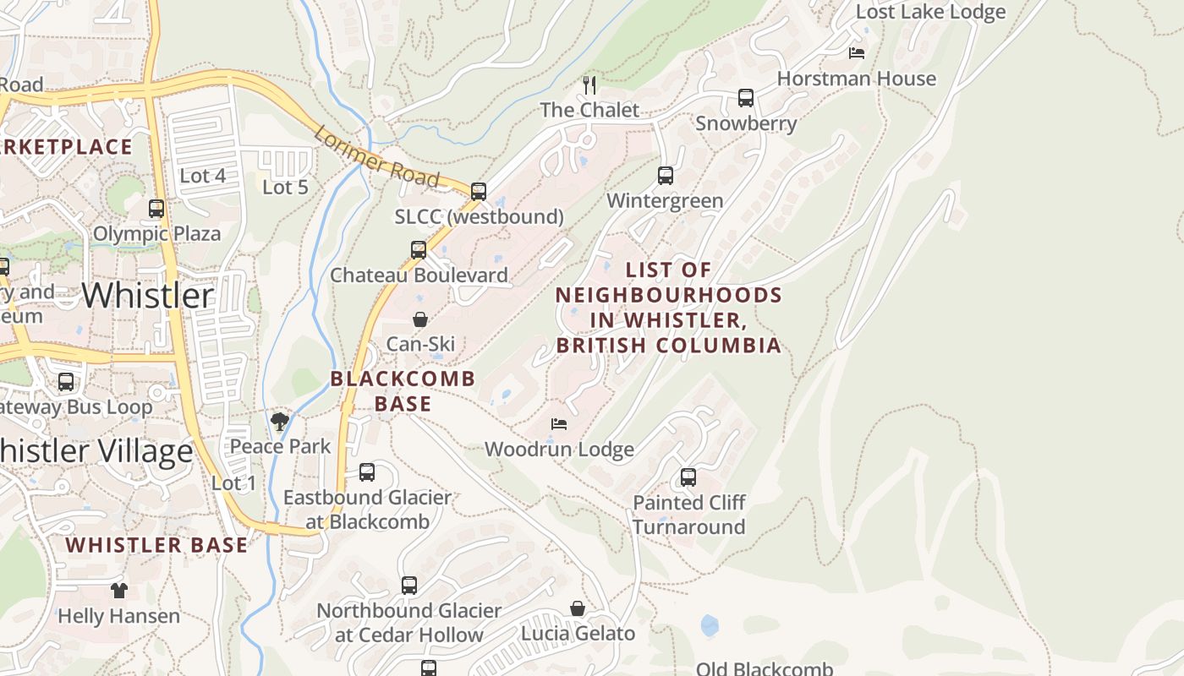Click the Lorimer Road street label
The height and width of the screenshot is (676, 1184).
click(x=377, y=157)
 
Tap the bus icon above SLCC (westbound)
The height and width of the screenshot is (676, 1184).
click(x=479, y=192)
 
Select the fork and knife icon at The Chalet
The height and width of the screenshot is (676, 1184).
click(x=589, y=84)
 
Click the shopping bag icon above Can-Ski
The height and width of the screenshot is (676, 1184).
click(x=419, y=319)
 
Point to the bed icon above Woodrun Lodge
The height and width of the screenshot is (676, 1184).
click(x=558, y=423)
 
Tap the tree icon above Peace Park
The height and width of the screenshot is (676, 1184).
click(x=280, y=421)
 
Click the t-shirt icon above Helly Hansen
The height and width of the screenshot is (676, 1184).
click(x=119, y=591)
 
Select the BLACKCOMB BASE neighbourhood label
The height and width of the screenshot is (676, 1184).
click(x=403, y=391)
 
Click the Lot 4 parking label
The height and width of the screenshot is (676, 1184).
click(x=203, y=176)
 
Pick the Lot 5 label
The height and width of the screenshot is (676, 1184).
click(x=285, y=188)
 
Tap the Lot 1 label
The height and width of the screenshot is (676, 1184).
click(x=233, y=483)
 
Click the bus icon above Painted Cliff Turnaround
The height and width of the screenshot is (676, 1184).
click(x=688, y=477)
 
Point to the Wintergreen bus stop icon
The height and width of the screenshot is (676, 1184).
click(x=666, y=176)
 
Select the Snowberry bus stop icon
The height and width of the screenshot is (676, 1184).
click(x=745, y=98)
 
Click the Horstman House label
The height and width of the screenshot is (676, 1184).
click(x=856, y=79)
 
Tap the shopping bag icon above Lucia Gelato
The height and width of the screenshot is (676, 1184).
click(x=578, y=608)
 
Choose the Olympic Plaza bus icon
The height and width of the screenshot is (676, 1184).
click(x=156, y=209)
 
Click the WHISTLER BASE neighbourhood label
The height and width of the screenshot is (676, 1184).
click(x=157, y=545)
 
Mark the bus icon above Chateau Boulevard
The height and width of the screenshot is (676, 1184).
click(x=419, y=250)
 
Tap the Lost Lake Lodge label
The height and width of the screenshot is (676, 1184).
click(x=930, y=12)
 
